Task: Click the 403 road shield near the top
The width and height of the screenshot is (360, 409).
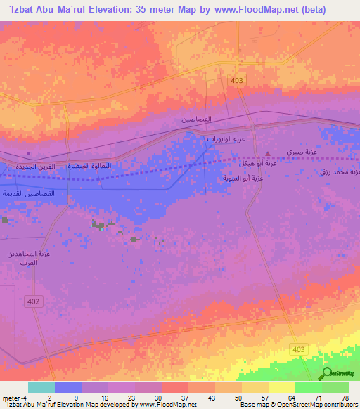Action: (x=236, y=81)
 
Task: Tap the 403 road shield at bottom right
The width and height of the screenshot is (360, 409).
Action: (x=299, y=349)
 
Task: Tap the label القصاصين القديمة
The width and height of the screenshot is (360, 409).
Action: (x=27, y=193)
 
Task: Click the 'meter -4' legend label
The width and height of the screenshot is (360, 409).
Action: (x=14, y=397)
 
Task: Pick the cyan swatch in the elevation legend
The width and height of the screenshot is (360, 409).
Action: (x=41, y=387)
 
